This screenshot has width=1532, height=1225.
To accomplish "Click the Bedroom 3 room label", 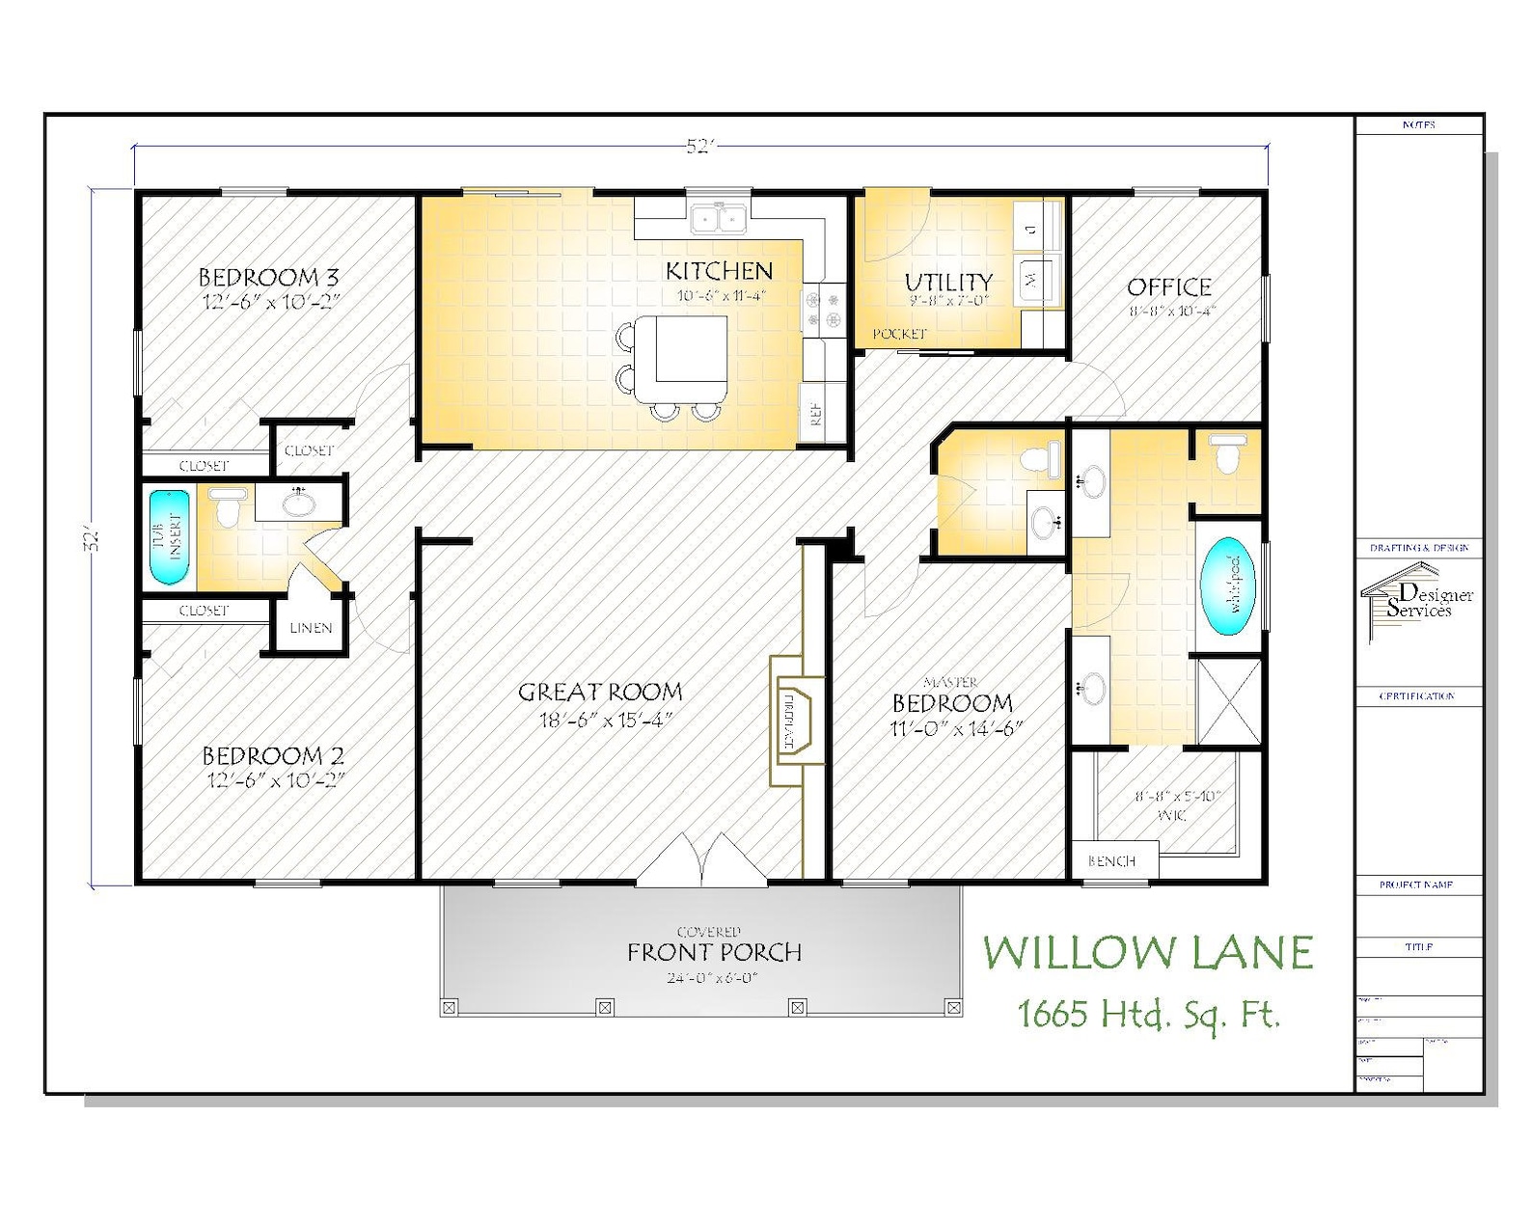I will coord(268,278).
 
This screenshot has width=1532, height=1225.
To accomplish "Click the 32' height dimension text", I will coord(93,538).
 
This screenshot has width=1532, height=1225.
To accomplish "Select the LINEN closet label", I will coord(311,628).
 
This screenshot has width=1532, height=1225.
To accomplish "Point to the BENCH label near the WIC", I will coord(1111,861).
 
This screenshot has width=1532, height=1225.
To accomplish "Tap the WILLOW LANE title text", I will coord(1148,953).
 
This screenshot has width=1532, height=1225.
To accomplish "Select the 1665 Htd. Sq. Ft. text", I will coord(1148,1014).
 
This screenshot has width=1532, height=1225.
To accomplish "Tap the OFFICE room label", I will coord(1169,286).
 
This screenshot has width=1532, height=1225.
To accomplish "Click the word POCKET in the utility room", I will coord(899,334).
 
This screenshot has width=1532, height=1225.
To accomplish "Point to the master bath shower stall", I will coord(1228,700).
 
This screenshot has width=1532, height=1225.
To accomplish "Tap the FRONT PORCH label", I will coord(714,953).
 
